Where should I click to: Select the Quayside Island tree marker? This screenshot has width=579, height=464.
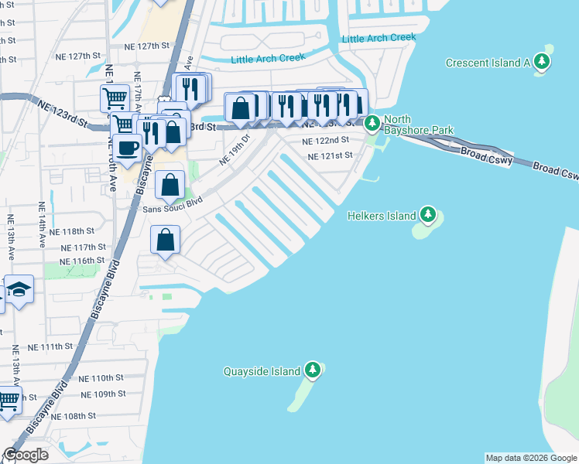pyautogui.click(x=313, y=370)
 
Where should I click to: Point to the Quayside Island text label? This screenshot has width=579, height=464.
pyautogui.click(x=262, y=371)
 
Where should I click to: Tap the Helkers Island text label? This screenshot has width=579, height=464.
pyautogui.click(x=382, y=216)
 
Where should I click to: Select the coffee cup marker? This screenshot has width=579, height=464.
pyautogui.click(x=128, y=147)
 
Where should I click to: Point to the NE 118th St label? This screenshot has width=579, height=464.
pyautogui.click(x=71, y=231)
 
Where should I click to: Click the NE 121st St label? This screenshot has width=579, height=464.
pyautogui.click(x=330, y=155)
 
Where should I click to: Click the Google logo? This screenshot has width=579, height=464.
pyautogui.click(x=26, y=455)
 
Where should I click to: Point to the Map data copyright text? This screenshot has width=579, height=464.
pyautogui.click(x=530, y=458)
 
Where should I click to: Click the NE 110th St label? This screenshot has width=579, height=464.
pyautogui.click(x=101, y=378)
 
